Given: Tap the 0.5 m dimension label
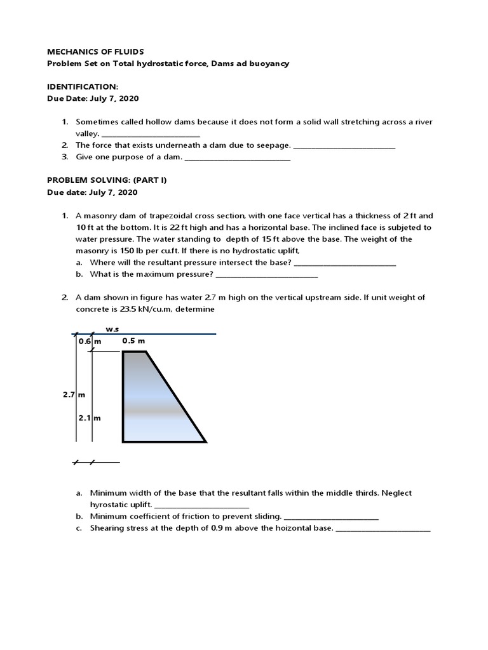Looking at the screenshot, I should pos(133,341).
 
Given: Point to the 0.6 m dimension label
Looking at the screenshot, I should pos(90,342).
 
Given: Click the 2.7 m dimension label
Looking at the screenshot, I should pos(74,394).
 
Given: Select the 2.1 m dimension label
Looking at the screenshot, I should pos(90,418).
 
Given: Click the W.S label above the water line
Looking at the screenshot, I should pos(112,329).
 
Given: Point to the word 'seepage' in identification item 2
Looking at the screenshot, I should pos(275,145).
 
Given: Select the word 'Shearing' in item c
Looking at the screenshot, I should pos(109,528).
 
